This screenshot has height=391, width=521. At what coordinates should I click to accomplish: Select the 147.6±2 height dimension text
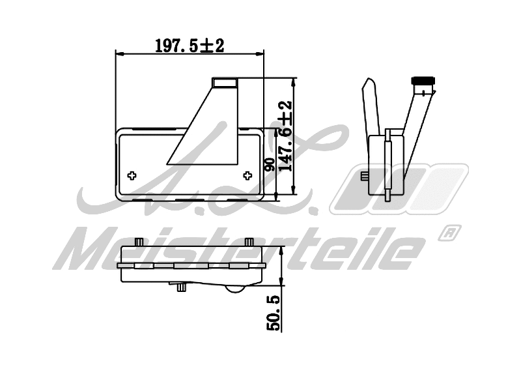285,137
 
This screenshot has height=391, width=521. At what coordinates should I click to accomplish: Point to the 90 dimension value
270,163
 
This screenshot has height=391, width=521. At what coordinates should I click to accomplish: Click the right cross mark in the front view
247,175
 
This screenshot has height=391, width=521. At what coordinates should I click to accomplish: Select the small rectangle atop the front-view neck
225,82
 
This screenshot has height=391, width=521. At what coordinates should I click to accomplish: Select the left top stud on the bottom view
138,242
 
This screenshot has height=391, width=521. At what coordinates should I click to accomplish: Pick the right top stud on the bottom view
248,242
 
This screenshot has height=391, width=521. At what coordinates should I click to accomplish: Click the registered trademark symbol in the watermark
450,232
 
